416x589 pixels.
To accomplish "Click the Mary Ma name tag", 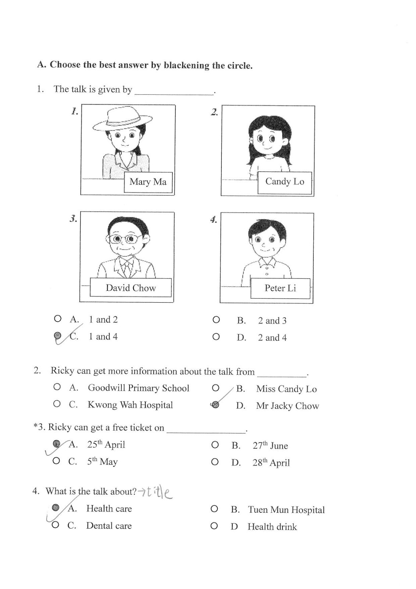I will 148,182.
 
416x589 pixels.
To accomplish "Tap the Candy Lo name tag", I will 285,181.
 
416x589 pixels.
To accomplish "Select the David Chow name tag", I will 131,288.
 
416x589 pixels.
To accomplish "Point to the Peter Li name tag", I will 280,288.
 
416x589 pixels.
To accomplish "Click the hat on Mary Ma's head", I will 122,119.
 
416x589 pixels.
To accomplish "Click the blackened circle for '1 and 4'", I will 57,335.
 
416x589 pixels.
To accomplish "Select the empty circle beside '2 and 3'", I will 216,320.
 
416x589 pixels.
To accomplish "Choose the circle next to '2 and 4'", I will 216,336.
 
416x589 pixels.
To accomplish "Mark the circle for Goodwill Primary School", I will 57,387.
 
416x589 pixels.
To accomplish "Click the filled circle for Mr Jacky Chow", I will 216,405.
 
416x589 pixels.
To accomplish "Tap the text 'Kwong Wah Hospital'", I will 130,405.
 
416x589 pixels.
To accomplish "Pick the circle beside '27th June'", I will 215,445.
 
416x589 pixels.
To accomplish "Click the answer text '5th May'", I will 102,462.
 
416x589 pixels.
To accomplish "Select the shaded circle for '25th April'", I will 56,444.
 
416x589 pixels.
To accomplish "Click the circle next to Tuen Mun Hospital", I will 214,509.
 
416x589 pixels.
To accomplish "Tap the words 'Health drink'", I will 272,527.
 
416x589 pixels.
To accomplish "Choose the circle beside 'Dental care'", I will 56,525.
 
